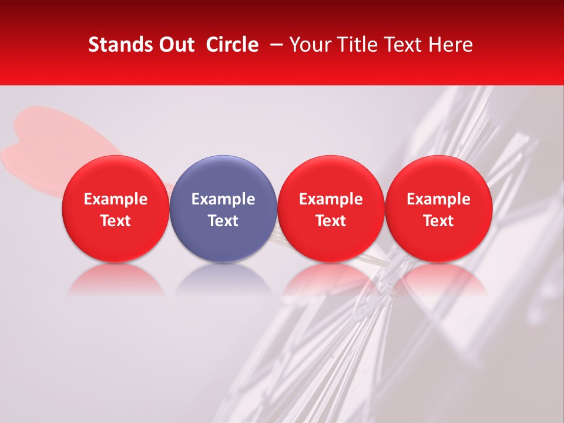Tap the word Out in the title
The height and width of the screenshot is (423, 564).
pos(174,45)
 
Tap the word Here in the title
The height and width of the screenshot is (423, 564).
pos(451,45)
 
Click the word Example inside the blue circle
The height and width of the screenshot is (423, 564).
pos(223,199)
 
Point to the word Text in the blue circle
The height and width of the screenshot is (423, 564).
pos(223,221)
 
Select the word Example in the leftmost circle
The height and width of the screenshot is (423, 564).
pos(116,199)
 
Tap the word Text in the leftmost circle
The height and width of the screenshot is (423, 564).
pos(116,221)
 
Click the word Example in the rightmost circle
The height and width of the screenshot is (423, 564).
pos(439,199)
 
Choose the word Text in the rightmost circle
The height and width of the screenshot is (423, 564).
pos(439,221)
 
